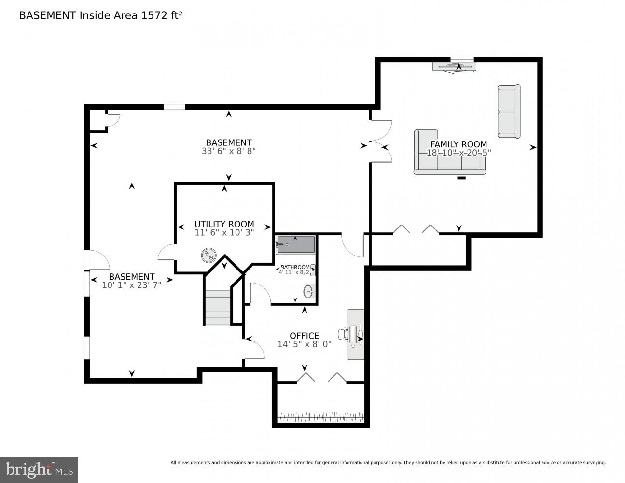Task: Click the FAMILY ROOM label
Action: (458, 144)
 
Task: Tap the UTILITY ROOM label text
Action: (224, 224)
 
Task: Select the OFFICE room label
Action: (304, 336)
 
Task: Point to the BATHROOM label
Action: (295, 267)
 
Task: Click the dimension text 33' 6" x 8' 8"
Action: (228, 151)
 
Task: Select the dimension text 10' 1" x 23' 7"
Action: (131, 285)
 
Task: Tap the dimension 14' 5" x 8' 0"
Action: (304, 344)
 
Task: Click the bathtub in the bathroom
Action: (295, 244)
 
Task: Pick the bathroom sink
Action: (308, 291)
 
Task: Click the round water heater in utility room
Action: (209, 255)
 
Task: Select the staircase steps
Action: (218, 307)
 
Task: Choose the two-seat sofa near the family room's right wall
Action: (509, 112)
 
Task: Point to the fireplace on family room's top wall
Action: (454, 67)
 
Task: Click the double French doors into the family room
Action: (380, 142)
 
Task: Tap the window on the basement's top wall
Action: (174, 107)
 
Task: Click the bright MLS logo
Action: (39, 470)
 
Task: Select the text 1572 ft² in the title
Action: (161, 15)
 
